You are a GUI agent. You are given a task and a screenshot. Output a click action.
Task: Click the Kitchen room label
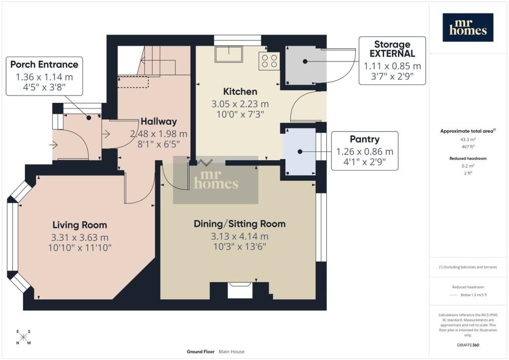click(240, 91)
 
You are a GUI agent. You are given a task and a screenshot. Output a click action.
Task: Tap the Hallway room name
click(159, 121)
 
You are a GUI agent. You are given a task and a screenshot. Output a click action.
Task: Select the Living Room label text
click(80, 225)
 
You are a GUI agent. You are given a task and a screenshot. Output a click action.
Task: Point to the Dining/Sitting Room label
click(240, 224)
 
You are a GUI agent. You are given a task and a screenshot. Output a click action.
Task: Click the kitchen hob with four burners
click(269, 61)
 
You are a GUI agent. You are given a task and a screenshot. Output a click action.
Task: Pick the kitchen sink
click(229, 54)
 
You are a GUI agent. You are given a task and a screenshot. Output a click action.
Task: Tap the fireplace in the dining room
click(240, 290)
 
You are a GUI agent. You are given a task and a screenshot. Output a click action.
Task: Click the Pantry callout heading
click(364, 139)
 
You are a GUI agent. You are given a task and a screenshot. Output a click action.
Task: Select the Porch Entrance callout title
click(44, 64)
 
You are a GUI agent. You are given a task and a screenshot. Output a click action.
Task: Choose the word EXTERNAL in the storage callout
click(392, 54)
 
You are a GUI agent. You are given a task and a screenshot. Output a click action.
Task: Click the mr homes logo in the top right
click(468, 27)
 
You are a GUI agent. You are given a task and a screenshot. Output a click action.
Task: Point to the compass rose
click(23, 337)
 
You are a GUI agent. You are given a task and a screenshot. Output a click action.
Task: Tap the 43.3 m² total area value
click(468, 140)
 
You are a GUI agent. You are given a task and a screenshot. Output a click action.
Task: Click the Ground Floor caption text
click(201, 352)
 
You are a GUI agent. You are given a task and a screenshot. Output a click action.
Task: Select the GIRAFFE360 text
click(468, 345)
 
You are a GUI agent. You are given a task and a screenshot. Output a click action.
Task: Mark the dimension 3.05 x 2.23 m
click(240, 104)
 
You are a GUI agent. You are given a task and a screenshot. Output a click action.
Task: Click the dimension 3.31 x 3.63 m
click(80, 238)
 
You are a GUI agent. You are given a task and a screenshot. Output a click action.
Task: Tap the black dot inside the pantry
click(300, 152)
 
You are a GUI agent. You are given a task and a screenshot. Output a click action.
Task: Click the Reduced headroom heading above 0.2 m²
click(468, 159)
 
